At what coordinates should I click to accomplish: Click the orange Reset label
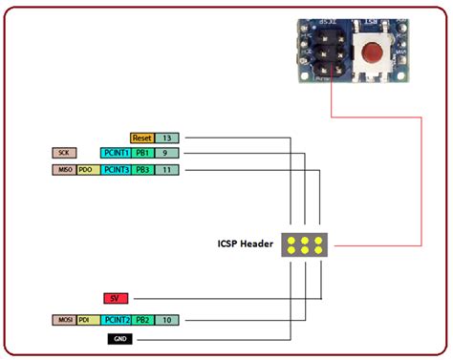(141, 138)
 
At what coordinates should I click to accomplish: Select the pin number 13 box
(165, 138)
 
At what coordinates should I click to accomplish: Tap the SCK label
(64, 153)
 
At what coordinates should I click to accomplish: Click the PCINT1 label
(115, 153)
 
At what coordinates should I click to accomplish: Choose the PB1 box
(141, 153)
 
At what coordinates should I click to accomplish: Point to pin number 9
(165, 153)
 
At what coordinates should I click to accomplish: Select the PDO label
(87, 170)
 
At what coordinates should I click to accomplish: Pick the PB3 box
(141, 170)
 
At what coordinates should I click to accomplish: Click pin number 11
(165, 170)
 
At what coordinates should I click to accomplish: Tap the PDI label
(87, 319)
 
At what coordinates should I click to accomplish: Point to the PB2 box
(141, 319)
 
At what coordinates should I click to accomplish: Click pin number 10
(165, 319)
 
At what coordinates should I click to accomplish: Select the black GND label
(119, 338)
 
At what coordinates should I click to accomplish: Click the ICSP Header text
(245, 244)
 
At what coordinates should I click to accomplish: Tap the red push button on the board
(373, 52)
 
